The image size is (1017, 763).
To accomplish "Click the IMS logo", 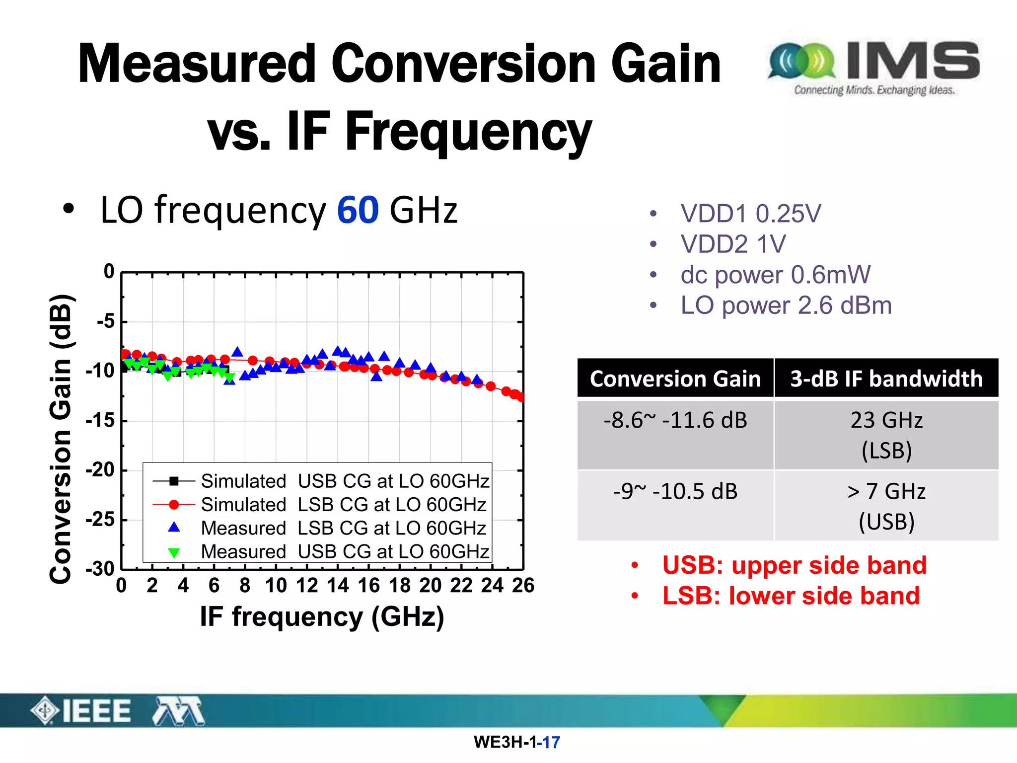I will (x=874, y=67).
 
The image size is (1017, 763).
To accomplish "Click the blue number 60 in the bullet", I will (x=358, y=210).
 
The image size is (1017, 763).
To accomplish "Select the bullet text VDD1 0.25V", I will (x=750, y=214).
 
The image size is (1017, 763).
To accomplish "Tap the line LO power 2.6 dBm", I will (x=786, y=305).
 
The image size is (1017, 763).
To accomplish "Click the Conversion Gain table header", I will (x=675, y=379).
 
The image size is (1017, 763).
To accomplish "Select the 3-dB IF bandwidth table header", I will (x=886, y=379).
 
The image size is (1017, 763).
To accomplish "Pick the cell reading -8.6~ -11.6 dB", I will (x=675, y=421).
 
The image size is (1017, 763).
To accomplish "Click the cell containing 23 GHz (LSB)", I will (x=886, y=435).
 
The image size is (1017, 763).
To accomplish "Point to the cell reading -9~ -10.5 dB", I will (x=675, y=492).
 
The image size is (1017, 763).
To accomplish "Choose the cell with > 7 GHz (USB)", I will (x=886, y=506).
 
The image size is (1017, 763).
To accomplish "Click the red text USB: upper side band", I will (x=794, y=565).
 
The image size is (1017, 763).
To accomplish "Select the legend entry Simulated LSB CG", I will (x=343, y=505).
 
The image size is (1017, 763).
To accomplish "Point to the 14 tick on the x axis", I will (x=338, y=586).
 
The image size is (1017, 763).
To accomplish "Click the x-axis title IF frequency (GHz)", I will (x=322, y=616).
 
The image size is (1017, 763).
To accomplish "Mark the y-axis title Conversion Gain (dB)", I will (x=62, y=438).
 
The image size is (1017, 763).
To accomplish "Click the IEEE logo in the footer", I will (x=82, y=711).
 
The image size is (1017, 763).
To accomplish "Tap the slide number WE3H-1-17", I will (x=516, y=742).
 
